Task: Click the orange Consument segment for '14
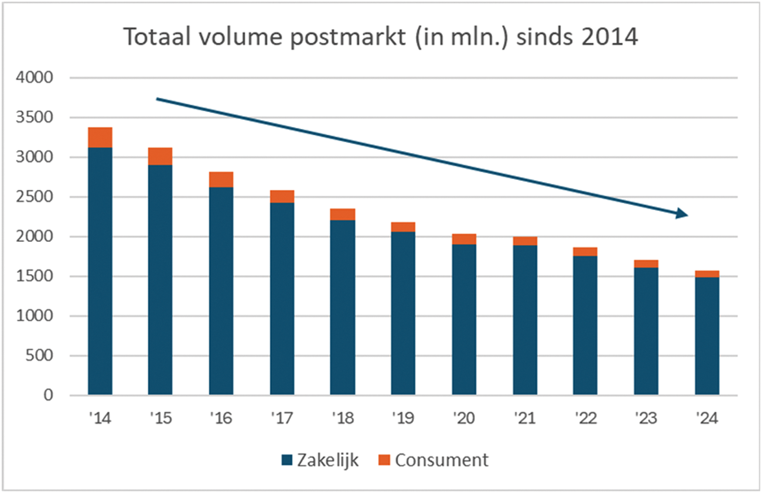(x=100, y=138)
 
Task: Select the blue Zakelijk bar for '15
(x=160, y=280)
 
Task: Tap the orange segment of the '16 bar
(x=221, y=179)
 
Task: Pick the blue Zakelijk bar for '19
(x=403, y=313)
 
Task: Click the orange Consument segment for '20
(x=464, y=239)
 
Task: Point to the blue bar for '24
(x=707, y=336)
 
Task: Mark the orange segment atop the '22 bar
(x=585, y=252)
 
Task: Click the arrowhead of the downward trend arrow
(x=681, y=214)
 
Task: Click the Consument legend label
(x=441, y=460)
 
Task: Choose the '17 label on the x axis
(x=281, y=419)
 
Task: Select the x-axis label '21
(x=524, y=419)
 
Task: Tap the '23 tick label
(x=646, y=419)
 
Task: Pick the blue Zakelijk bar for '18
(x=342, y=307)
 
